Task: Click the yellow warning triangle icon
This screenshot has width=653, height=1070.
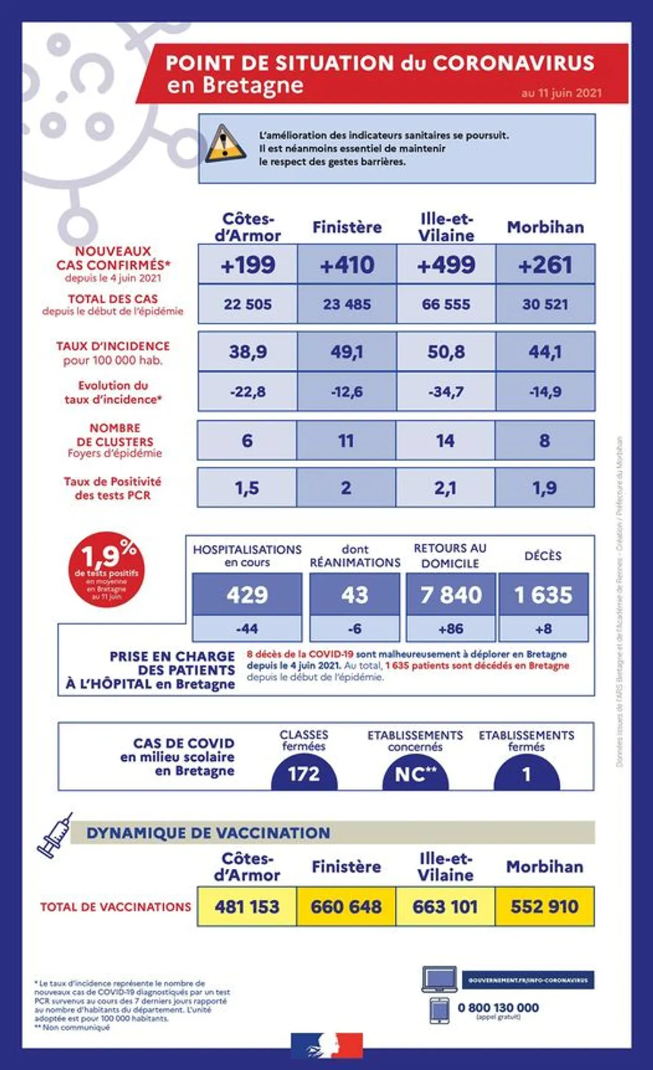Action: pyautogui.click(x=224, y=144)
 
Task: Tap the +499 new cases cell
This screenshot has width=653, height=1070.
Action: pyautogui.click(x=446, y=265)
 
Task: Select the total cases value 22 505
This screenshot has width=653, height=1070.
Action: pyautogui.click(x=248, y=304)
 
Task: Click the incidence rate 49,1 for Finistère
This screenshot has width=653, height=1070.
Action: pyautogui.click(x=347, y=352)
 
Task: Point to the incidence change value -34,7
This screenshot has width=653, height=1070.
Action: pyautogui.click(x=446, y=392)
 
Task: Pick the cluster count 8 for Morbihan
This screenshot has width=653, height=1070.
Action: pyautogui.click(x=544, y=441)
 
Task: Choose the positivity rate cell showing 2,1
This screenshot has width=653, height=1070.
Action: pyautogui.click(x=445, y=488)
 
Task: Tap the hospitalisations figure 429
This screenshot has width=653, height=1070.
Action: pyautogui.click(x=247, y=595)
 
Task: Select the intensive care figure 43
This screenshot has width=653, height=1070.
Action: pyautogui.click(x=354, y=595)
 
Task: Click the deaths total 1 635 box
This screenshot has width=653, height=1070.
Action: pyautogui.click(x=543, y=595)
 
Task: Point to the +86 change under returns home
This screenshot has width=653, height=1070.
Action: pyautogui.click(x=451, y=628)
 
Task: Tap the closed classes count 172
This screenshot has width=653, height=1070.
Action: pyautogui.click(x=304, y=774)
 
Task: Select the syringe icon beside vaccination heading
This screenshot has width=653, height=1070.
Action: pyautogui.click(x=55, y=835)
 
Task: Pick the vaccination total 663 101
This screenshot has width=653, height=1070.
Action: pyautogui.click(x=445, y=907)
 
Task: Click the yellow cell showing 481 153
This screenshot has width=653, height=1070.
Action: pyautogui.click(x=247, y=907)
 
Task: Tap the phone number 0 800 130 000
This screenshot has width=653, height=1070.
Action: pyautogui.click(x=498, y=1008)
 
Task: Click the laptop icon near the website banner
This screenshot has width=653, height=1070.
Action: pyautogui.click(x=439, y=980)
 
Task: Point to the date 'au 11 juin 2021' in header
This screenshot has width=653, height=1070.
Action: pyautogui.click(x=562, y=93)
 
